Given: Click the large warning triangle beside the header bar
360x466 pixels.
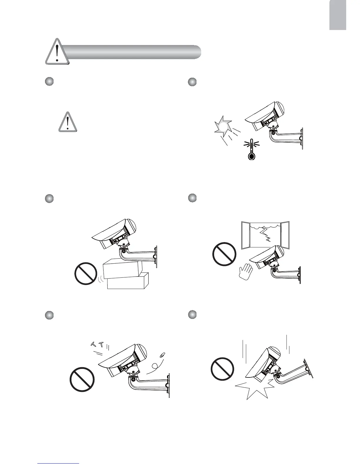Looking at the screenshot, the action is tap(57, 52).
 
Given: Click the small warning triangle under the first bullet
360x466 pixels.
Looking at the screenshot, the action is tap(68, 122).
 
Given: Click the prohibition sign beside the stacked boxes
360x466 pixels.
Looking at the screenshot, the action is tap(86, 274).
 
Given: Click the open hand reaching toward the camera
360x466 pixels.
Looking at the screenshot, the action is tap(246, 272).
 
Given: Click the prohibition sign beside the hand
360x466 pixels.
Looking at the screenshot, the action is tap(224, 254).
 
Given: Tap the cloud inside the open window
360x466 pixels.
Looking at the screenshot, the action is tap(263, 226).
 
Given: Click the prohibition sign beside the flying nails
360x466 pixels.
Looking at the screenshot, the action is tap(82, 380).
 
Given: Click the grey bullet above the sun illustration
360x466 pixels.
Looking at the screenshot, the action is tap(192, 82).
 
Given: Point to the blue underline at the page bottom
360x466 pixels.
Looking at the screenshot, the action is tap(59, 464).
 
